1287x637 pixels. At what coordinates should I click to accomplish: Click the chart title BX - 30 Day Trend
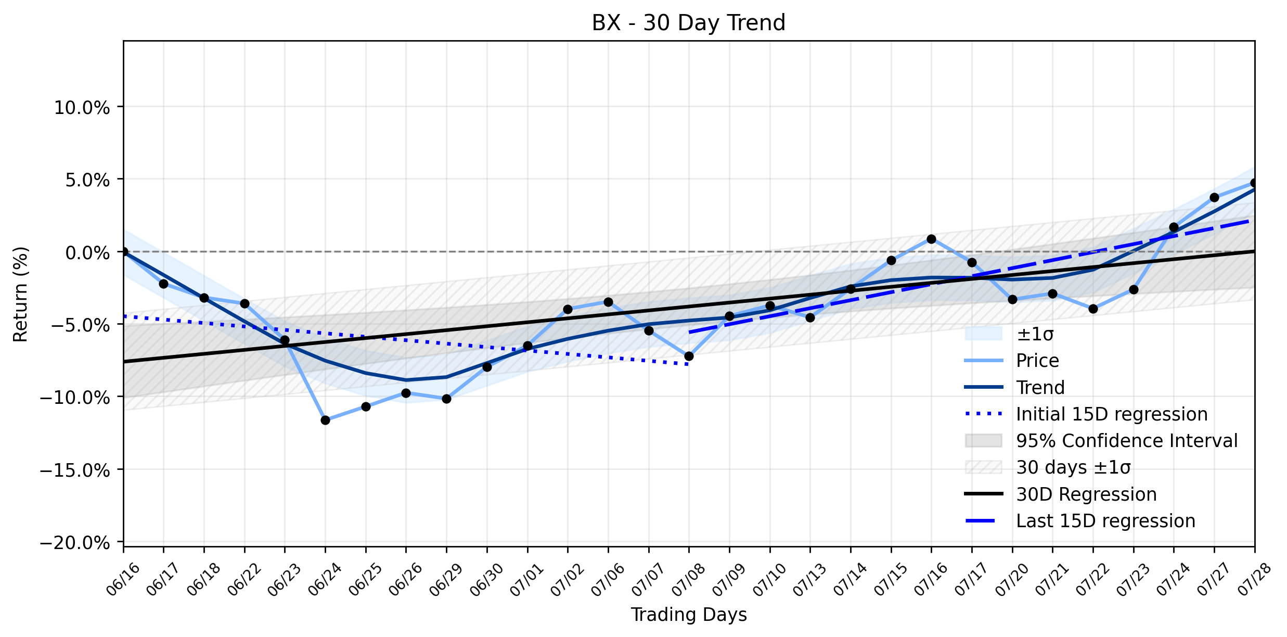[x=688, y=23]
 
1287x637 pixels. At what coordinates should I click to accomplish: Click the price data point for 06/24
[x=325, y=420]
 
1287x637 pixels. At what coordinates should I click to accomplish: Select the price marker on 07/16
[x=931, y=239]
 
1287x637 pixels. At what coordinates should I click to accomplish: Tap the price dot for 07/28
[x=1254, y=183]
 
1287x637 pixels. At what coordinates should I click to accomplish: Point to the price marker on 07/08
[x=689, y=356]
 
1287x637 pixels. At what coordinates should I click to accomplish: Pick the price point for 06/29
[x=446, y=399]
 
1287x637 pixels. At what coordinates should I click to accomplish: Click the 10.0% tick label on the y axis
[x=82, y=108]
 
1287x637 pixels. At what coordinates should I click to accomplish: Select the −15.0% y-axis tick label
[x=75, y=470]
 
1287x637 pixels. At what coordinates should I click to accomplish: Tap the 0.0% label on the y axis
[x=88, y=253]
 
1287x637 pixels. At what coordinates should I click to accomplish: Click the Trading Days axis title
[x=689, y=615]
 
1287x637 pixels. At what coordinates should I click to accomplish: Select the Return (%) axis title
[x=21, y=294]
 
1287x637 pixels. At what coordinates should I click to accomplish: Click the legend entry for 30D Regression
[x=1061, y=494]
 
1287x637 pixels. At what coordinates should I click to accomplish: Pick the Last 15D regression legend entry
[x=1080, y=520]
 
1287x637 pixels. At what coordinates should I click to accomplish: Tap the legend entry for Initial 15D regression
[x=1086, y=414]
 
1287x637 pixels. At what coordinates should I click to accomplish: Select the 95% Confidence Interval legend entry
[x=1101, y=441]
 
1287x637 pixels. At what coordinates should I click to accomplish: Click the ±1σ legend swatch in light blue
[x=983, y=334]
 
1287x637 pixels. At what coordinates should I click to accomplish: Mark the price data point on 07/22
[x=1093, y=309]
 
